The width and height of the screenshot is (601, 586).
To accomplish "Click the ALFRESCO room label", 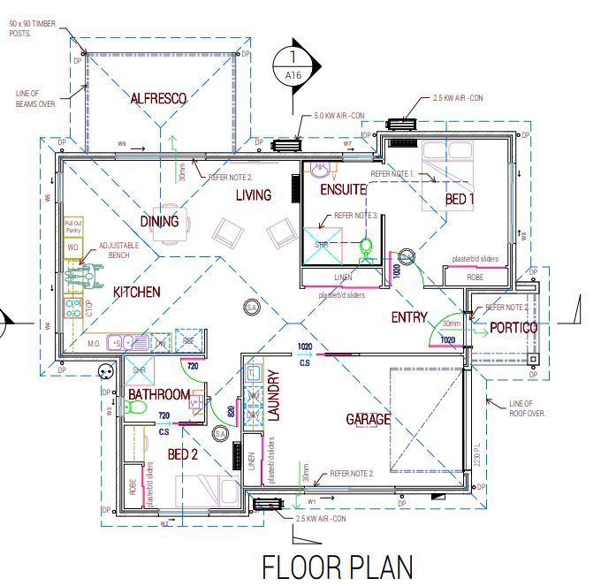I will pyautogui.click(x=158, y=99).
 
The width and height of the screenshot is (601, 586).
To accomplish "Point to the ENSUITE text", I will pyautogui.click(x=340, y=188).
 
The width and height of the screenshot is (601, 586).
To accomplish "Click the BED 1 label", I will pyautogui.click(x=460, y=200).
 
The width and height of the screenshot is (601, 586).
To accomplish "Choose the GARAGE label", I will pyautogui.click(x=368, y=420).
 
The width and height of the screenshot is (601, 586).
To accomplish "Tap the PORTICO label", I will pyautogui.click(x=514, y=327).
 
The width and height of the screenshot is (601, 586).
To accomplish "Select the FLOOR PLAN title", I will pyautogui.click(x=337, y=565).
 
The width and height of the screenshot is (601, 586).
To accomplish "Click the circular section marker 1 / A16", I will pyautogui.click(x=293, y=66).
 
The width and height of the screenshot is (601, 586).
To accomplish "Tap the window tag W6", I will pyautogui.click(x=123, y=143).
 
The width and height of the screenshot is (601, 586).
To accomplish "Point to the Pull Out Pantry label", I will pyautogui.click(x=72, y=226).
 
